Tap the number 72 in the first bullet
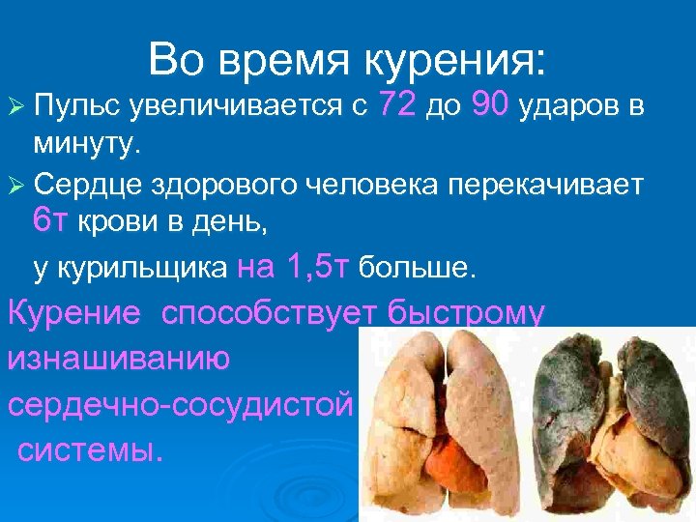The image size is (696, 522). [x=399, y=105]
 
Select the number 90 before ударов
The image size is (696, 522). [x=492, y=105]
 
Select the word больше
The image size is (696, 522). [x=417, y=268]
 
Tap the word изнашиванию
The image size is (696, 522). [x=119, y=359]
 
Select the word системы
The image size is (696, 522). [x=91, y=449]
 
